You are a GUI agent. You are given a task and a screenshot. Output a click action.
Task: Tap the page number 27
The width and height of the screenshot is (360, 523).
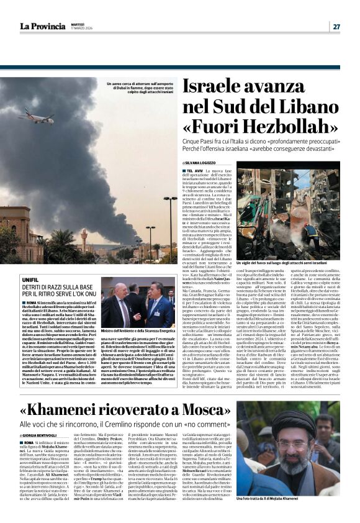pos(336,26)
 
